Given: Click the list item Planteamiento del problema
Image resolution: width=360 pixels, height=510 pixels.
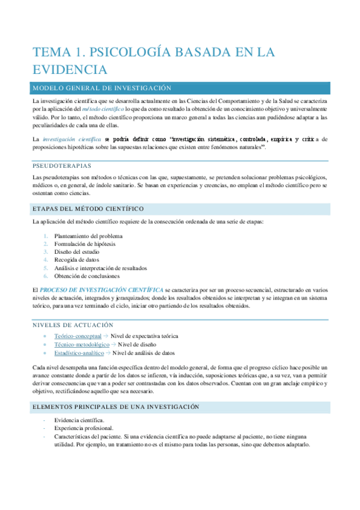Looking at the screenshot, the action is pyautogui.click(x=88, y=236).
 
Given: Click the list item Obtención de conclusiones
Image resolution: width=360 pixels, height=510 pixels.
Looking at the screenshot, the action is pyautogui.click(x=87, y=276).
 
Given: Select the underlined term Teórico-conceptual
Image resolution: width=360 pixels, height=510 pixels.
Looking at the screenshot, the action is pyautogui.click(x=78, y=336).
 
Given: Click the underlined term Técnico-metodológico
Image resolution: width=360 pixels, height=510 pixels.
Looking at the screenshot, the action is pyautogui.click(x=81, y=345).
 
